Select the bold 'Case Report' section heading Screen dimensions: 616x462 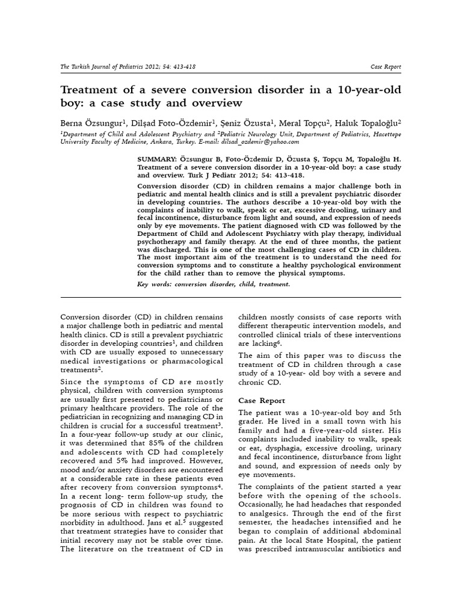click(x=262, y=400)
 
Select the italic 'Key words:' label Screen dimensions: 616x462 click(x=154, y=285)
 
